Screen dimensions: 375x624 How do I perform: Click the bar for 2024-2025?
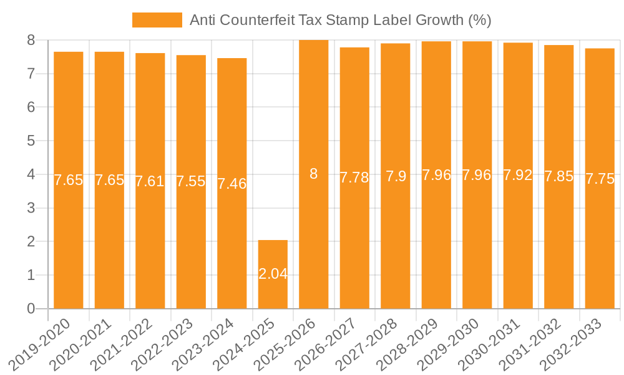(x=273, y=274)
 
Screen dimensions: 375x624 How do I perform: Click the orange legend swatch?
(x=157, y=20)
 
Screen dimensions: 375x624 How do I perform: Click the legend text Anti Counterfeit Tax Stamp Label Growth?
(x=340, y=20)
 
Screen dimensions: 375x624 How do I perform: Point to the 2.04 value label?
(x=273, y=274)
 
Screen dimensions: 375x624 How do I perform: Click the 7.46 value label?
(x=232, y=184)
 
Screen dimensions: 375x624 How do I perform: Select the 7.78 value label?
(x=354, y=177)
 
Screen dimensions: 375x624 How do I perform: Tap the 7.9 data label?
(x=396, y=176)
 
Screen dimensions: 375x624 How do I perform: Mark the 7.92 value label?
(x=518, y=175)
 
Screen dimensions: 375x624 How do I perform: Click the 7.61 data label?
(x=150, y=181)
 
